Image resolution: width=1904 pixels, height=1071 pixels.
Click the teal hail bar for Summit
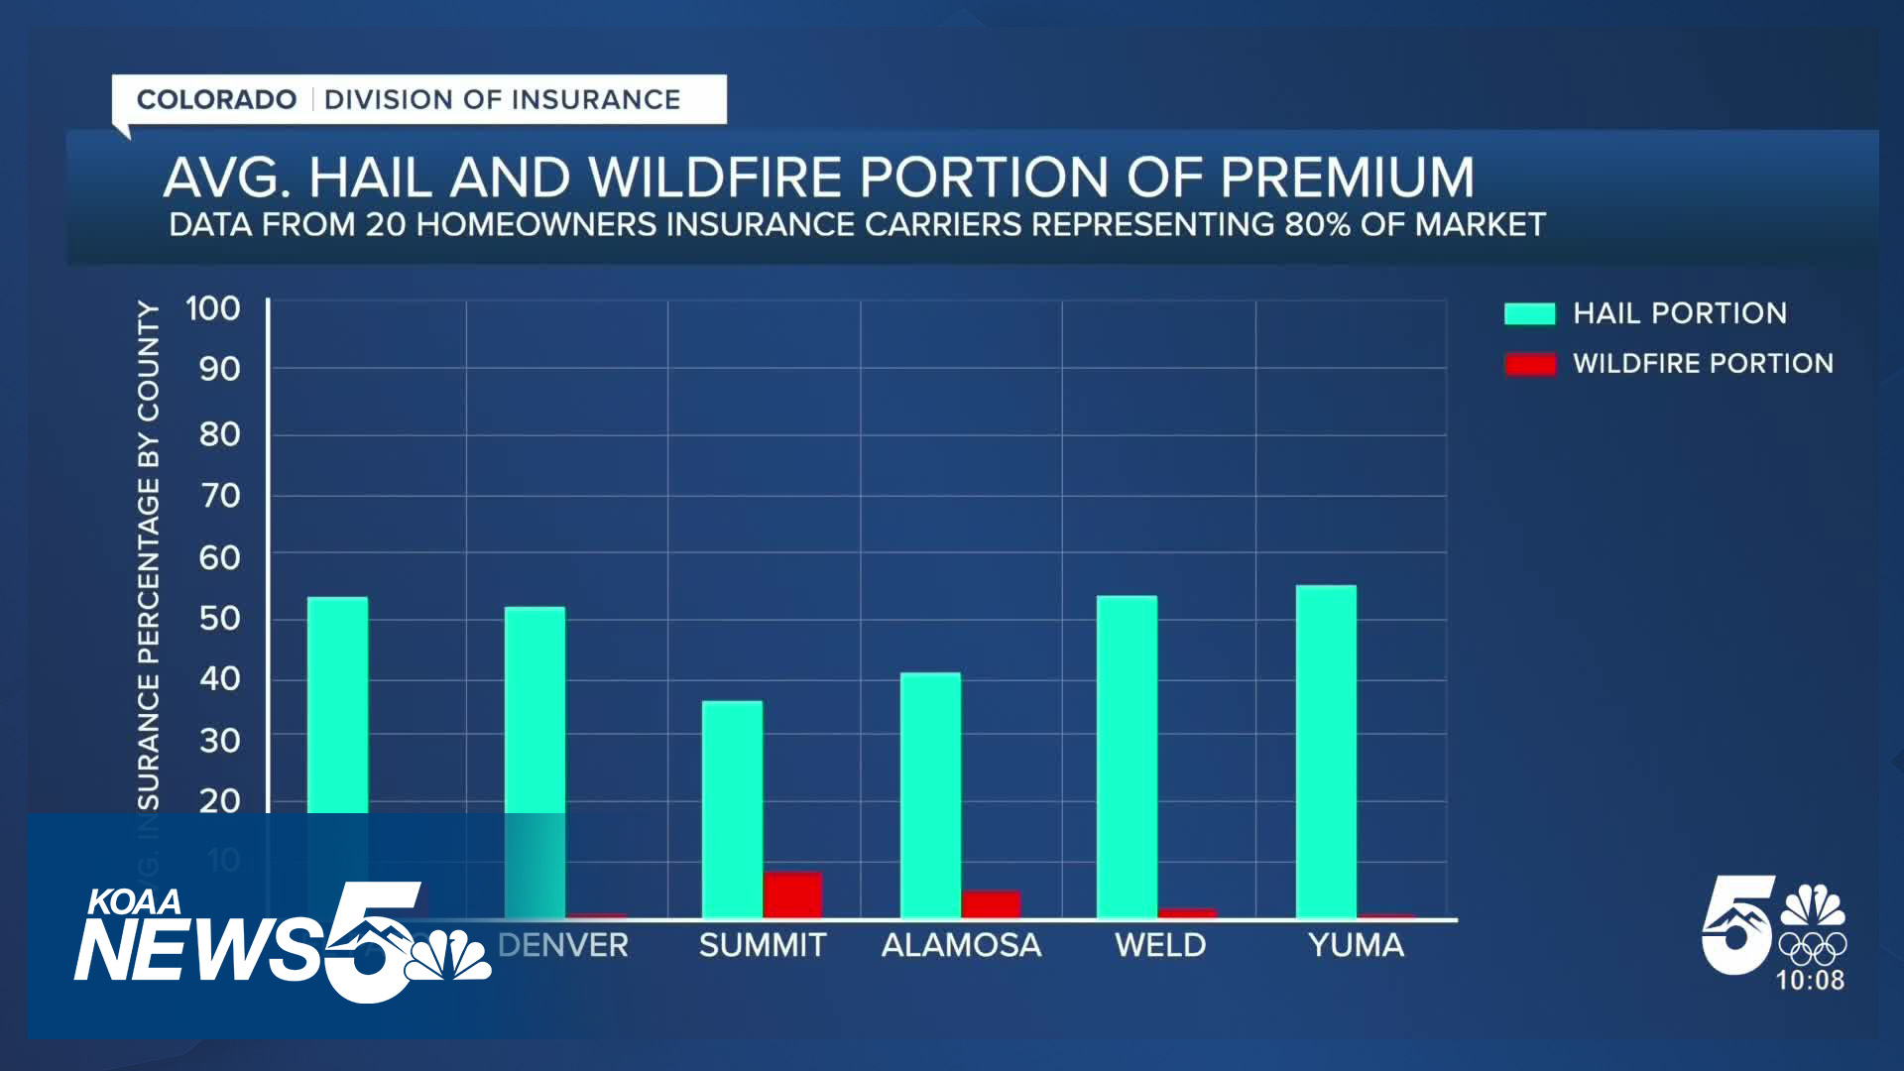(732, 808)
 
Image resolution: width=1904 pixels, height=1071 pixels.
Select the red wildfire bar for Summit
(792, 893)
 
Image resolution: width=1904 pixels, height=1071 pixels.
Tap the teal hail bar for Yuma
(1326, 751)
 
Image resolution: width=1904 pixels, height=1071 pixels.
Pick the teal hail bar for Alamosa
(930, 794)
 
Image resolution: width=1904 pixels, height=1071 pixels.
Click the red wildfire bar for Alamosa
(991, 903)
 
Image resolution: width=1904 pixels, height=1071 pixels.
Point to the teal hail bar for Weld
(1127, 756)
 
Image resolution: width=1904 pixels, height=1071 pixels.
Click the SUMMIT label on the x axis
(763, 945)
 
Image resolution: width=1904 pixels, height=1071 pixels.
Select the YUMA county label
(1356, 945)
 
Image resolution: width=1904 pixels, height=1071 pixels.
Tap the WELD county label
(1160, 945)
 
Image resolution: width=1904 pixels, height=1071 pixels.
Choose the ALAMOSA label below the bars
(961, 945)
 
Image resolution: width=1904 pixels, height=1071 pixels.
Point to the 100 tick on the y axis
(213, 308)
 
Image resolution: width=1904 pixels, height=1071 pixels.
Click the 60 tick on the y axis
(220, 557)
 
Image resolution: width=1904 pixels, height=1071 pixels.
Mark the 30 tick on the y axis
(220, 740)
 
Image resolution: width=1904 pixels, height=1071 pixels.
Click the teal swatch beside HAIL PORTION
(1529, 313)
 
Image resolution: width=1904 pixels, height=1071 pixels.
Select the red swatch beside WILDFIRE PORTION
(1529, 364)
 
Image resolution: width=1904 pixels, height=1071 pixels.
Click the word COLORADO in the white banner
(216, 99)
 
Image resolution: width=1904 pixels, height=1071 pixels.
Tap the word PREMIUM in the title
(1347, 178)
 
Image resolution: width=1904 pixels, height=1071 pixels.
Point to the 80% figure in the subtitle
(1317, 225)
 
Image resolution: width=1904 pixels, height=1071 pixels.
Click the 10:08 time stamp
(1810, 981)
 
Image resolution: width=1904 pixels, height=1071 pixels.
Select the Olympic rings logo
(1812, 948)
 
